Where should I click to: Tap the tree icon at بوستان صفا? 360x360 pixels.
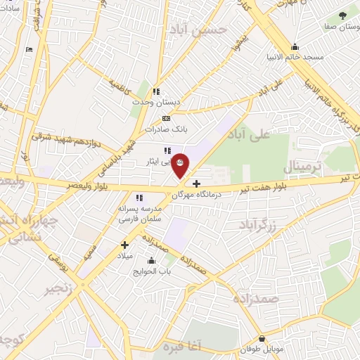(x=342, y=15)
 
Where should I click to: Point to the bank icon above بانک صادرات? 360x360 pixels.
(x=166, y=118)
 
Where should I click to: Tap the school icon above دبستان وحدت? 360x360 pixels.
(x=156, y=91)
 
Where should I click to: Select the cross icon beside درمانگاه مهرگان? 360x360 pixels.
(x=196, y=184)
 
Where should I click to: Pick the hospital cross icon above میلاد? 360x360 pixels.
(x=124, y=245)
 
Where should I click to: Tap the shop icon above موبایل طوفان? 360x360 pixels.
(x=262, y=337)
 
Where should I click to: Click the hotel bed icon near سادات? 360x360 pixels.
(x=29, y=49)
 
